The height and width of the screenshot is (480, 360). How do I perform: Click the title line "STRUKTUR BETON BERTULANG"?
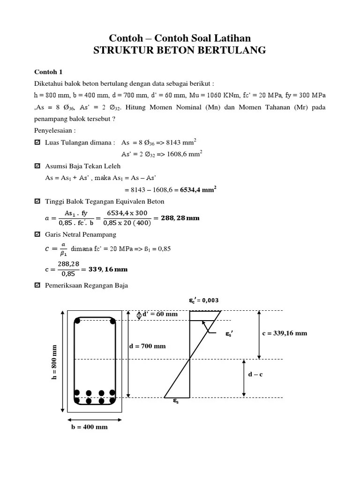(180, 51)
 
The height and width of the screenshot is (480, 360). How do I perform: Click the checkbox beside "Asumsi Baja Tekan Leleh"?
(38, 166)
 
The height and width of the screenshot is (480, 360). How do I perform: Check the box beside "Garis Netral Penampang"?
(38, 234)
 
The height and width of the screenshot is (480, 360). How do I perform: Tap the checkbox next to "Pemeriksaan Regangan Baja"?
(38, 285)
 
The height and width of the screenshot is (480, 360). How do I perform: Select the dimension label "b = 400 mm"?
(88, 427)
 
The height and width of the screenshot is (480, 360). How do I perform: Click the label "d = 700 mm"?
(147, 346)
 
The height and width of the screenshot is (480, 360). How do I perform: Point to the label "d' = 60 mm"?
(160, 314)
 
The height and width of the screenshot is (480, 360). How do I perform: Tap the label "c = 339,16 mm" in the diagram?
(285, 333)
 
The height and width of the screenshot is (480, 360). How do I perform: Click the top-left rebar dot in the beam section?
(78, 321)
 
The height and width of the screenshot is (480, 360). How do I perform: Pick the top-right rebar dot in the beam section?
(112, 321)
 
